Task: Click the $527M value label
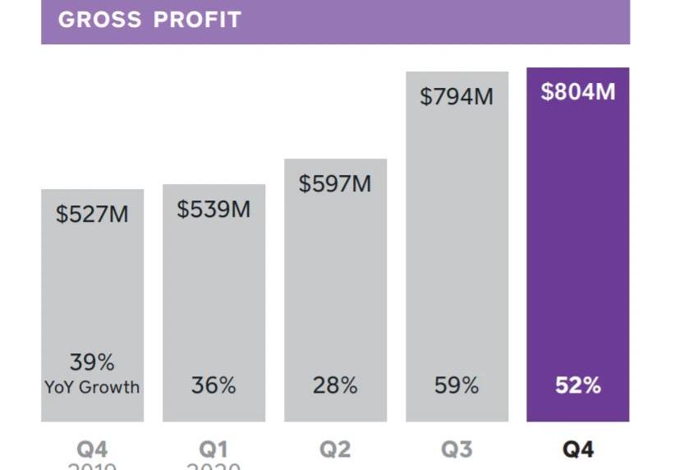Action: coord(92,214)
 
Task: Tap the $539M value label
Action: coord(213,209)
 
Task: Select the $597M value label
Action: coord(335,183)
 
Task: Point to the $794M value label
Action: coord(457,96)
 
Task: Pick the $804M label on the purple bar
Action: coord(578,91)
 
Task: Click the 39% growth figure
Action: coord(92,362)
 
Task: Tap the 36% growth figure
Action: coord(213,385)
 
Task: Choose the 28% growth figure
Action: coord(335,385)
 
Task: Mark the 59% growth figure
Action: coord(457,385)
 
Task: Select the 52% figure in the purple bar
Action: coord(578,385)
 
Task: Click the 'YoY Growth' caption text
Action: coord(92,386)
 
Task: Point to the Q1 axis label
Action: coord(213,449)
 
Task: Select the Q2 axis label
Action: coord(335,449)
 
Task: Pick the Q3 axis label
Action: coord(457,449)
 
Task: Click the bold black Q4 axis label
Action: coord(578,449)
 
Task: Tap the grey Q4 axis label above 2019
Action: coord(92,449)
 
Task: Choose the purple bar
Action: coord(578,247)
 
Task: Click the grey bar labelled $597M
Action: coord(335,288)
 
